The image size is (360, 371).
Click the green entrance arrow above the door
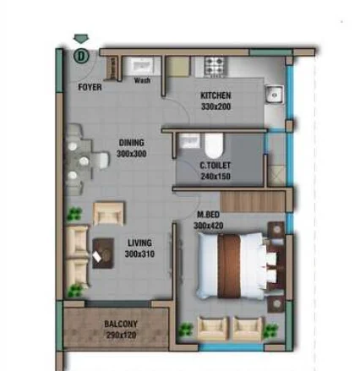tap(81, 39)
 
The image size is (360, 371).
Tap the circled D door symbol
tap(81, 56)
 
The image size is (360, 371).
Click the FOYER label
tap(90, 87)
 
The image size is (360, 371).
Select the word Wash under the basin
tap(142, 80)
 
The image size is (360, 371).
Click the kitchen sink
tap(274, 95)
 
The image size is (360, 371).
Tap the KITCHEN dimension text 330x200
tap(215, 106)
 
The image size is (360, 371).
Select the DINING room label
tap(132, 143)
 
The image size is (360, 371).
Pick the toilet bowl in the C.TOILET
tap(214, 145)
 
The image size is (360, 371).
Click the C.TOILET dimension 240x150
tap(215, 177)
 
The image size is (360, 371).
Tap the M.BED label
tap(208, 215)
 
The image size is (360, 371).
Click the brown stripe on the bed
tap(229, 266)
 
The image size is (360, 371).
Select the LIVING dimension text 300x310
tap(139, 254)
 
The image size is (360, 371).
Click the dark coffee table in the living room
tap(103, 254)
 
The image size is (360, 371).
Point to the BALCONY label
tap(121, 324)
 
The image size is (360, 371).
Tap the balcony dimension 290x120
tap(122, 336)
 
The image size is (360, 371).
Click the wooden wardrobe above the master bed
tap(253, 202)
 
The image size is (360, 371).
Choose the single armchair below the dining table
tap(108, 214)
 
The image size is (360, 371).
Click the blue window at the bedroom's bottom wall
tap(231, 346)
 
